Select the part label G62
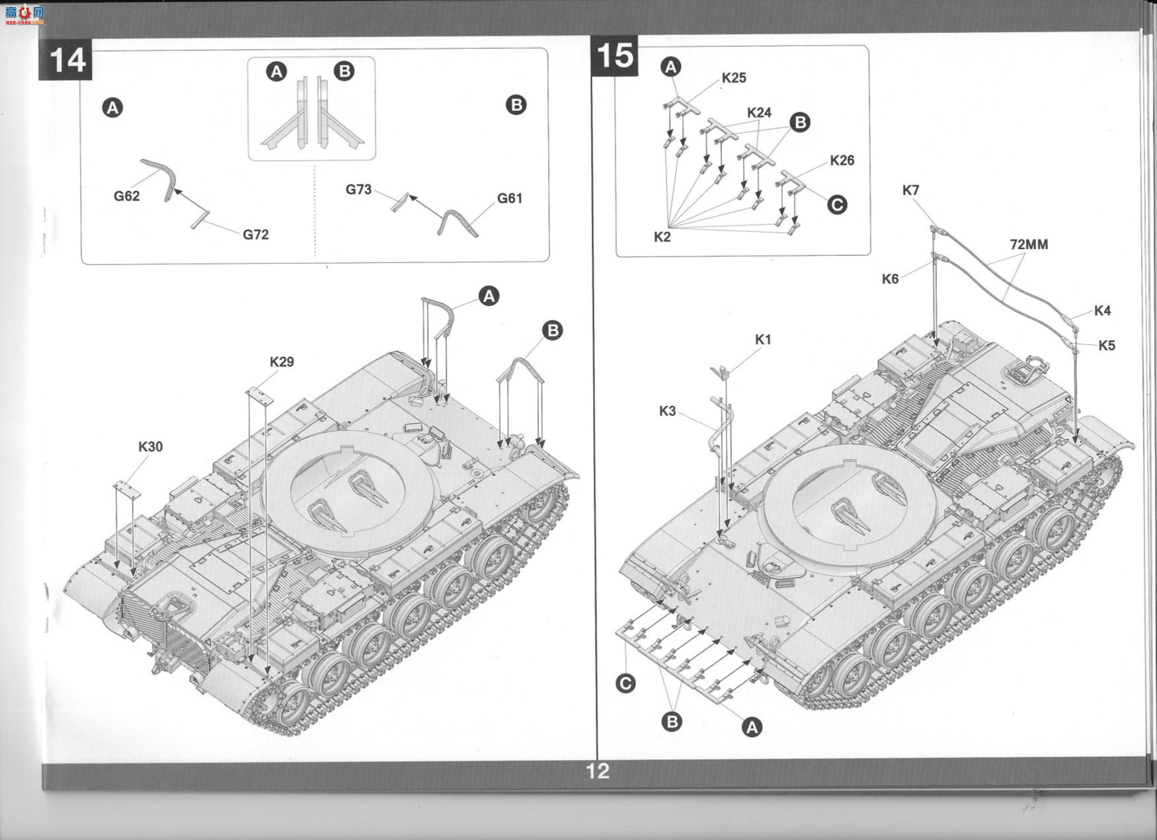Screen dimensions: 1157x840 [126, 196]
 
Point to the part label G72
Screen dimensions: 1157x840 [256, 235]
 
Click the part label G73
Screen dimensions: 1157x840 [359, 190]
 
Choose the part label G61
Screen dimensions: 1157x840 [510, 198]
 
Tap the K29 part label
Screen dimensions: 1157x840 [282, 362]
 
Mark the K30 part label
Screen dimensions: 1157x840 [150, 447]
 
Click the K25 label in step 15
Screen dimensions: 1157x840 [734, 78]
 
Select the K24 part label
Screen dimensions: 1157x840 [759, 112]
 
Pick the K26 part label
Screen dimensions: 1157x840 [842, 161]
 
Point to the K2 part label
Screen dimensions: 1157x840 [662, 237]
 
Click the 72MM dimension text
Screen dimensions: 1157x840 [1029, 245]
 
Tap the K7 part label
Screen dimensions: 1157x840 [910, 190]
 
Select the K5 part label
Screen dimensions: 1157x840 [1107, 346]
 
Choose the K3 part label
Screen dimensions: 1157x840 [667, 411]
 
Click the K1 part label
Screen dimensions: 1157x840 [763, 340]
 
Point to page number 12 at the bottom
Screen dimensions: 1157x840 [597, 771]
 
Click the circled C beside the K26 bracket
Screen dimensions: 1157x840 [837, 205]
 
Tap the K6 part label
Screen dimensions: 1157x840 [890, 279]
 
